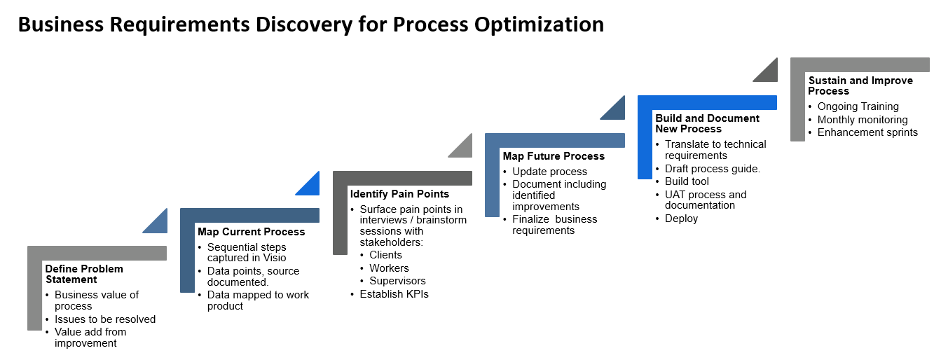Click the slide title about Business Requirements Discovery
pyautogui.click(x=310, y=25)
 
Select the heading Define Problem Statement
pyautogui.click(x=83, y=274)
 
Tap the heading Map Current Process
pyautogui.click(x=251, y=231)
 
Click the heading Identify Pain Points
pyautogui.click(x=399, y=193)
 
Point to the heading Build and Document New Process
pyautogui.click(x=706, y=123)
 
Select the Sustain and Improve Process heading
pyautogui.click(x=860, y=85)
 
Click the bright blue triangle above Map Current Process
pyautogui.click(x=310, y=185)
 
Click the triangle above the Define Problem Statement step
pyautogui.click(x=158, y=222)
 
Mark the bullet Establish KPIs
pyautogui.click(x=394, y=294)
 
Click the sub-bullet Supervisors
pyautogui.click(x=397, y=281)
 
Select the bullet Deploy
pyautogui.click(x=681, y=219)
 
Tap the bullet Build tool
pyautogui.click(x=687, y=181)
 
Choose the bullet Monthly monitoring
pyautogui.click(x=862, y=120)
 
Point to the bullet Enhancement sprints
pyautogui.click(x=867, y=132)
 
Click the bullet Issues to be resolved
pyautogui.click(x=105, y=319)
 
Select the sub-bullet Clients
pyautogui.click(x=385, y=255)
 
